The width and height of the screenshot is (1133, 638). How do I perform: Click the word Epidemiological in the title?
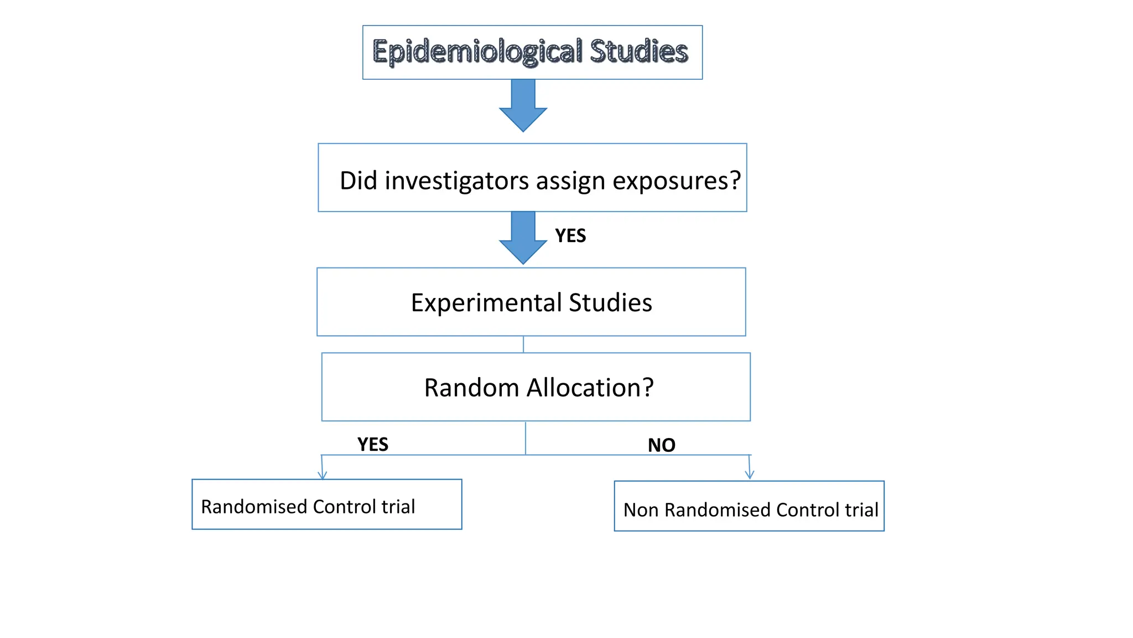(477, 52)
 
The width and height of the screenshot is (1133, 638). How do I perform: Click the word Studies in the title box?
(638, 52)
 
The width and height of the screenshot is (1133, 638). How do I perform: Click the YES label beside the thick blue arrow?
(570, 236)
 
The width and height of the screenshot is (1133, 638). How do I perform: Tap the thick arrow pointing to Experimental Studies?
(523, 238)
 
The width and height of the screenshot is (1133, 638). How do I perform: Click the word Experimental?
(486, 303)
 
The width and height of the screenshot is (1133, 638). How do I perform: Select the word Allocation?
(590, 388)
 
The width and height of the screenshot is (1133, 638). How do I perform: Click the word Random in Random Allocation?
(471, 388)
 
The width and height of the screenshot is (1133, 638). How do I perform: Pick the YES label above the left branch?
(373, 445)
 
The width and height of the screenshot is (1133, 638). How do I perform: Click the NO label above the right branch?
(661, 445)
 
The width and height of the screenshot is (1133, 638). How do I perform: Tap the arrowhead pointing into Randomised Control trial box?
(323, 475)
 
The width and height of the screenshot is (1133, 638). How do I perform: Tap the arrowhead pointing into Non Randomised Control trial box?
(750, 475)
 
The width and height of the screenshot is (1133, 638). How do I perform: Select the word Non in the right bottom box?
(641, 510)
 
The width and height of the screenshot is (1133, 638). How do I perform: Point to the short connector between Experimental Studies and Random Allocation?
(523, 344)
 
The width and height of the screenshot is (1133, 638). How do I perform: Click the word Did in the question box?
(358, 181)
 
